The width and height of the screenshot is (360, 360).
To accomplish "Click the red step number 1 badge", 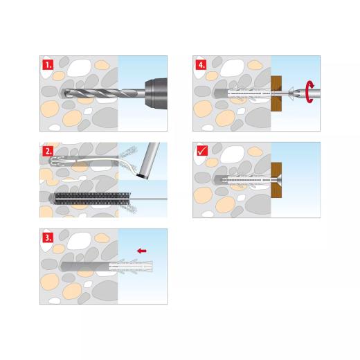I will [48, 66].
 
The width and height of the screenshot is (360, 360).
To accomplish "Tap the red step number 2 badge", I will [48, 150].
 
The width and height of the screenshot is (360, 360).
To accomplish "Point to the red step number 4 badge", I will [201, 66].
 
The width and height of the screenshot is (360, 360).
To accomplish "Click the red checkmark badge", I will [201, 150].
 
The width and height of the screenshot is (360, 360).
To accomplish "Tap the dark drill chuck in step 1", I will [154, 93].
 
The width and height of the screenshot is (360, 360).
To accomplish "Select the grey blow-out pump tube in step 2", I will [147, 159].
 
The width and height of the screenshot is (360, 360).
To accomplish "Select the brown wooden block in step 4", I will [277, 93].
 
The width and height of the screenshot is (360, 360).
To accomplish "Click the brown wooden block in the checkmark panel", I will [277, 179].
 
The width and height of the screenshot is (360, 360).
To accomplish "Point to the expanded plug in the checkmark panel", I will [246, 179].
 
